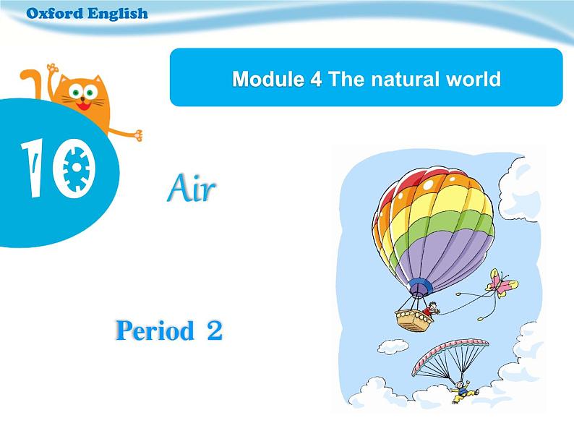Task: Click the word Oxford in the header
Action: point(55,14)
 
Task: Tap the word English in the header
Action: point(118,14)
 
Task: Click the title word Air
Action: point(191,188)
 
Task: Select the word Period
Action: point(155,330)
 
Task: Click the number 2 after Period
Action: point(215,330)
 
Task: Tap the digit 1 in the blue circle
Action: point(35,168)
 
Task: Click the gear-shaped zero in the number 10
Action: point(75,168)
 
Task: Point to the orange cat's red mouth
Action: point(83,106)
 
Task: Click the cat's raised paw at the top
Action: point(53,68)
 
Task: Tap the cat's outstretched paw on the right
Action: point(137,135)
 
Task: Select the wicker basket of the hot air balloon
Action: point(414,320)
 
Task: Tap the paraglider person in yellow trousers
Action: point(463,392)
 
